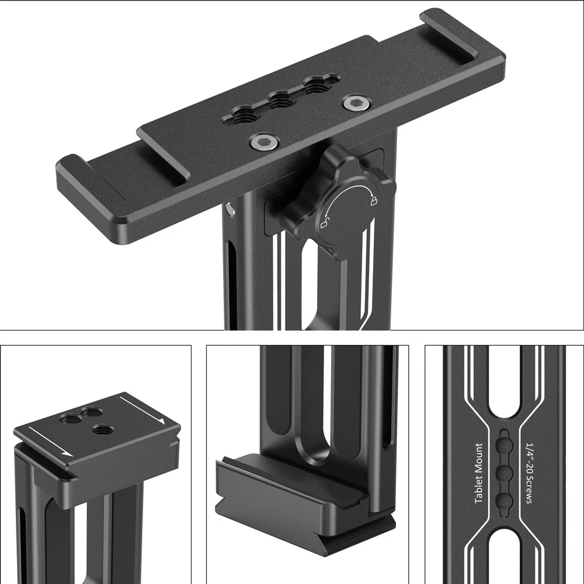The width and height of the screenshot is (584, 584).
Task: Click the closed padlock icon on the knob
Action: tap(371, 201)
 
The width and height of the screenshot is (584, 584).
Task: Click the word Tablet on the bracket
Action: tap(479, 490)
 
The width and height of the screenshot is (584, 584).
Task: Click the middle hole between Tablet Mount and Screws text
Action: tap(505, 472)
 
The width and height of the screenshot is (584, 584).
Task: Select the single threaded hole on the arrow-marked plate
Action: tap(101, 430)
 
